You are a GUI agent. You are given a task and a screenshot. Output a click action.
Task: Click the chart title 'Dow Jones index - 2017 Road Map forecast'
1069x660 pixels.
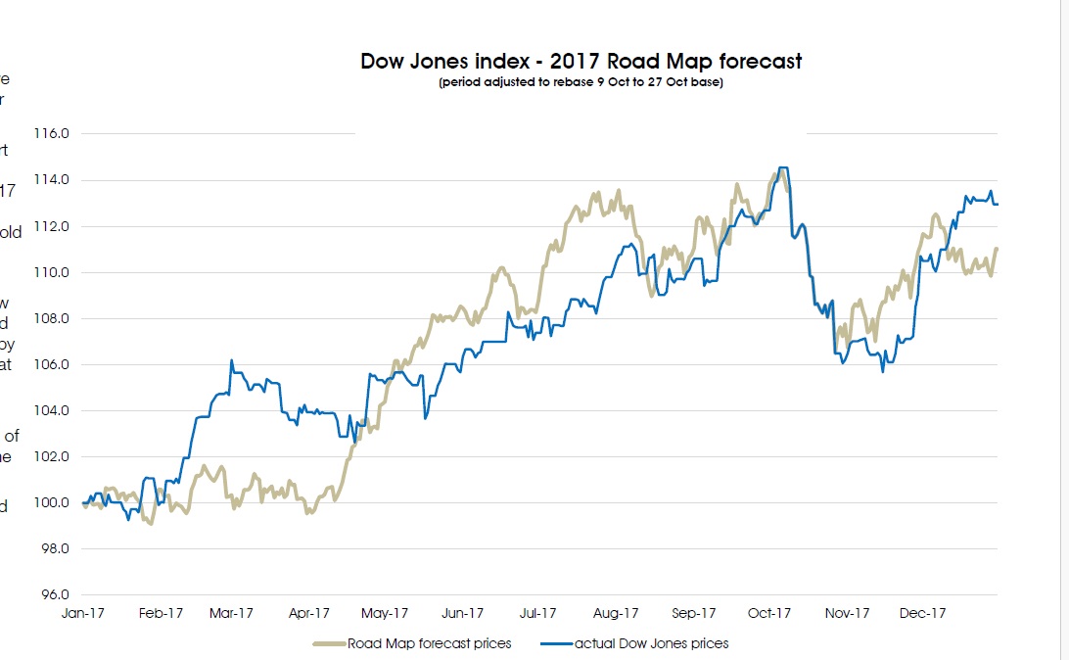(581, 62)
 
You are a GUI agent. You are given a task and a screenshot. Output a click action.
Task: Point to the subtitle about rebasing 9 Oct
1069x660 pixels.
(581, 83)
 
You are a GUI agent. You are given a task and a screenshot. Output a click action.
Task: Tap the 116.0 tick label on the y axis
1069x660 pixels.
(51, 134)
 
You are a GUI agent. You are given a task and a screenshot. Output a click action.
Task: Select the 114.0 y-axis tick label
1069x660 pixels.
(51, 180)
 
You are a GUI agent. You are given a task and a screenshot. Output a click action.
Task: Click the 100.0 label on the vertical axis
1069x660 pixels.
(51, 503)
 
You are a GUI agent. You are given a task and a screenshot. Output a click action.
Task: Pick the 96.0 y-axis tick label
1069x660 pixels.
(53, 595)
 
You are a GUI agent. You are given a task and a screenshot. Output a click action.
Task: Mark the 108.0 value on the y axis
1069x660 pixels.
(51, 319)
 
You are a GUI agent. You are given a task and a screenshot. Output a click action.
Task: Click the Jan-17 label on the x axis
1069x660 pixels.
(84, 614)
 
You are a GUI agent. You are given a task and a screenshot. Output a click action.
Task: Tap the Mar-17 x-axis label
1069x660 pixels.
(232, 614)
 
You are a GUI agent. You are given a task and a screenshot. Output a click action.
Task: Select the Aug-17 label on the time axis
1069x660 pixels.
(617, 614)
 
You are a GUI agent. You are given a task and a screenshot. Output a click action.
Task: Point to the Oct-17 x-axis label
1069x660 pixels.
(769, 614)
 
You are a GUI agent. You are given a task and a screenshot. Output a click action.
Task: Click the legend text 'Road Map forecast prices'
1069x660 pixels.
(429, 643)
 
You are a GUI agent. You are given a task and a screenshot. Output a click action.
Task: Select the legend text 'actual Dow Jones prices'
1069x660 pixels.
(651, 643)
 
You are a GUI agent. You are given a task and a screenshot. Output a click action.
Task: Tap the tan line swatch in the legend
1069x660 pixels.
(328, 643)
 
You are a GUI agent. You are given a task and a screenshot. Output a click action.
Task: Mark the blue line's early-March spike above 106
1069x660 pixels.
(231, 360)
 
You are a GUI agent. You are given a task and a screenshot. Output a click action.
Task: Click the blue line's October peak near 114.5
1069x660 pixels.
(782, 168)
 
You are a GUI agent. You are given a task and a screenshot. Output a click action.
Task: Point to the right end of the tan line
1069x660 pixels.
(997, 249)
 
